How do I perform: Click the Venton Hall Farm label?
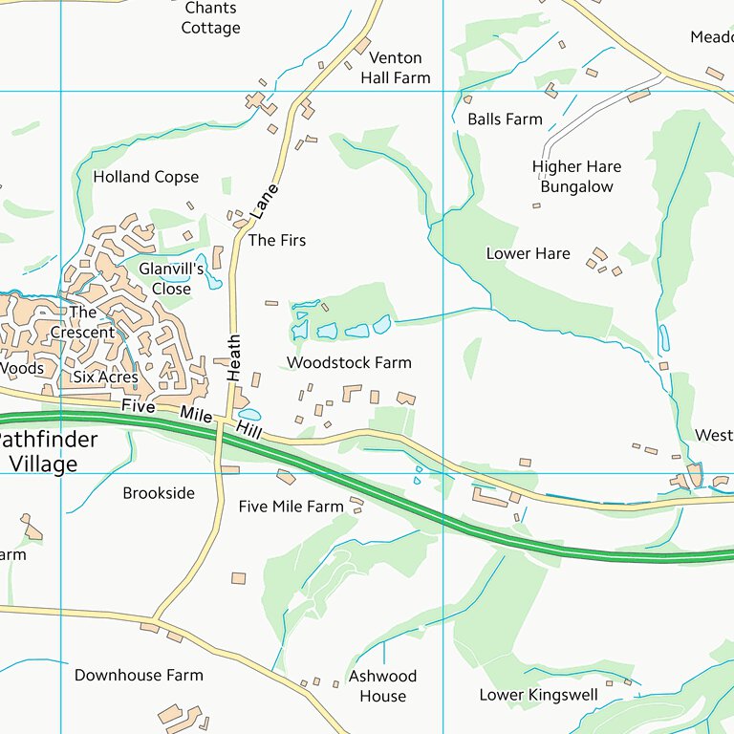(x=395, y=68)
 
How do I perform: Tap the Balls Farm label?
(x=505, y=119)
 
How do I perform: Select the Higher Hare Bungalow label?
(x=576, y=177)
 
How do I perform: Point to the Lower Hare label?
(x=528, y=253)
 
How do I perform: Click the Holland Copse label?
(x=146, y=177)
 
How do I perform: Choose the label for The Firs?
(x=277, y=240)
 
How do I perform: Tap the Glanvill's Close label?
(x=171, y=278)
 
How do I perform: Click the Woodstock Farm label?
(x=349, y=362)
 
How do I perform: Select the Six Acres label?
(x=105, y=378)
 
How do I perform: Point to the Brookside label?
(x=159, y=493)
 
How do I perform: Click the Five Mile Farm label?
(x=291, y=506)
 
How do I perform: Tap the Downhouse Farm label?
(x=139, y=675)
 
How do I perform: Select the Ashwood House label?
(x=382, y=685)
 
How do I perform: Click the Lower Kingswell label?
(x=538, y=695)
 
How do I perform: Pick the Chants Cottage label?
(x=210, y=18)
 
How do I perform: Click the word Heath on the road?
(x=233, y=357)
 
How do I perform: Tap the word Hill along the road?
(x=250, y=432)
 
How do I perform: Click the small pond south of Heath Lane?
(x=249, y=415)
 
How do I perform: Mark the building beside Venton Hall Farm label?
(x=362, y=46)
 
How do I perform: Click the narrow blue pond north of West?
(x=664, y=337)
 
